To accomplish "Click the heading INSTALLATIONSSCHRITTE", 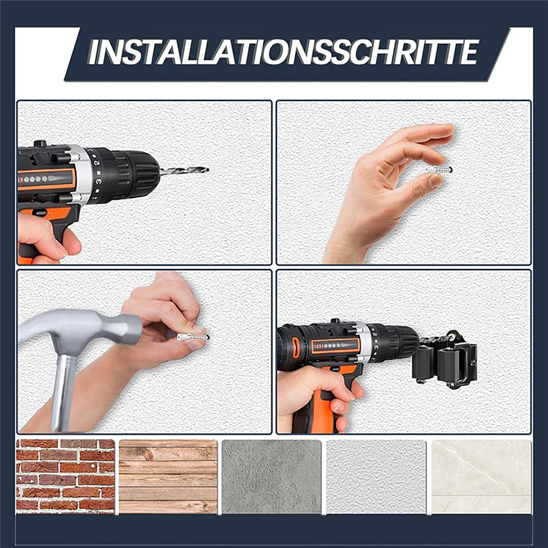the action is pos(283,52).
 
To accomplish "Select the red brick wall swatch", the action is pos(65,477).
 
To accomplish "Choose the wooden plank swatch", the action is pos(168,477).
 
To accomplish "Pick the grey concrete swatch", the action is pos(271,477).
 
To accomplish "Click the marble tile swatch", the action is pos(481,477).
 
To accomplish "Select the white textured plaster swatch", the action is pos(376,477).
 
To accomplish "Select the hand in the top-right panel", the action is pos(390,192).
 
